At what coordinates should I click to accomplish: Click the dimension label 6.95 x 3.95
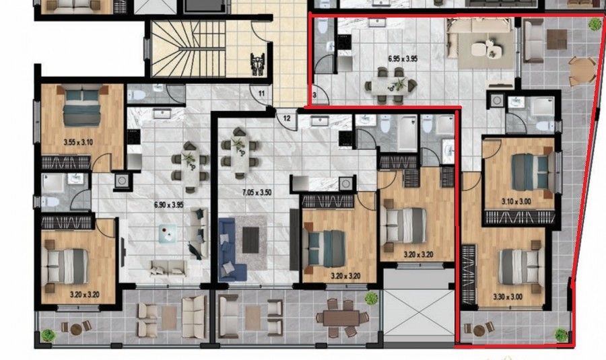(403, 59)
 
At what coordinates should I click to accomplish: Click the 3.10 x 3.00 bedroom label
(516, 201)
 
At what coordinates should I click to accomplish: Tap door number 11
(261, 92)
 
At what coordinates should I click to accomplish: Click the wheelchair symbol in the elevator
(256, 64)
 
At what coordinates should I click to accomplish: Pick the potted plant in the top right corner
(595, 25)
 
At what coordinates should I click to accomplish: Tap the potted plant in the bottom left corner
(47, 334)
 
